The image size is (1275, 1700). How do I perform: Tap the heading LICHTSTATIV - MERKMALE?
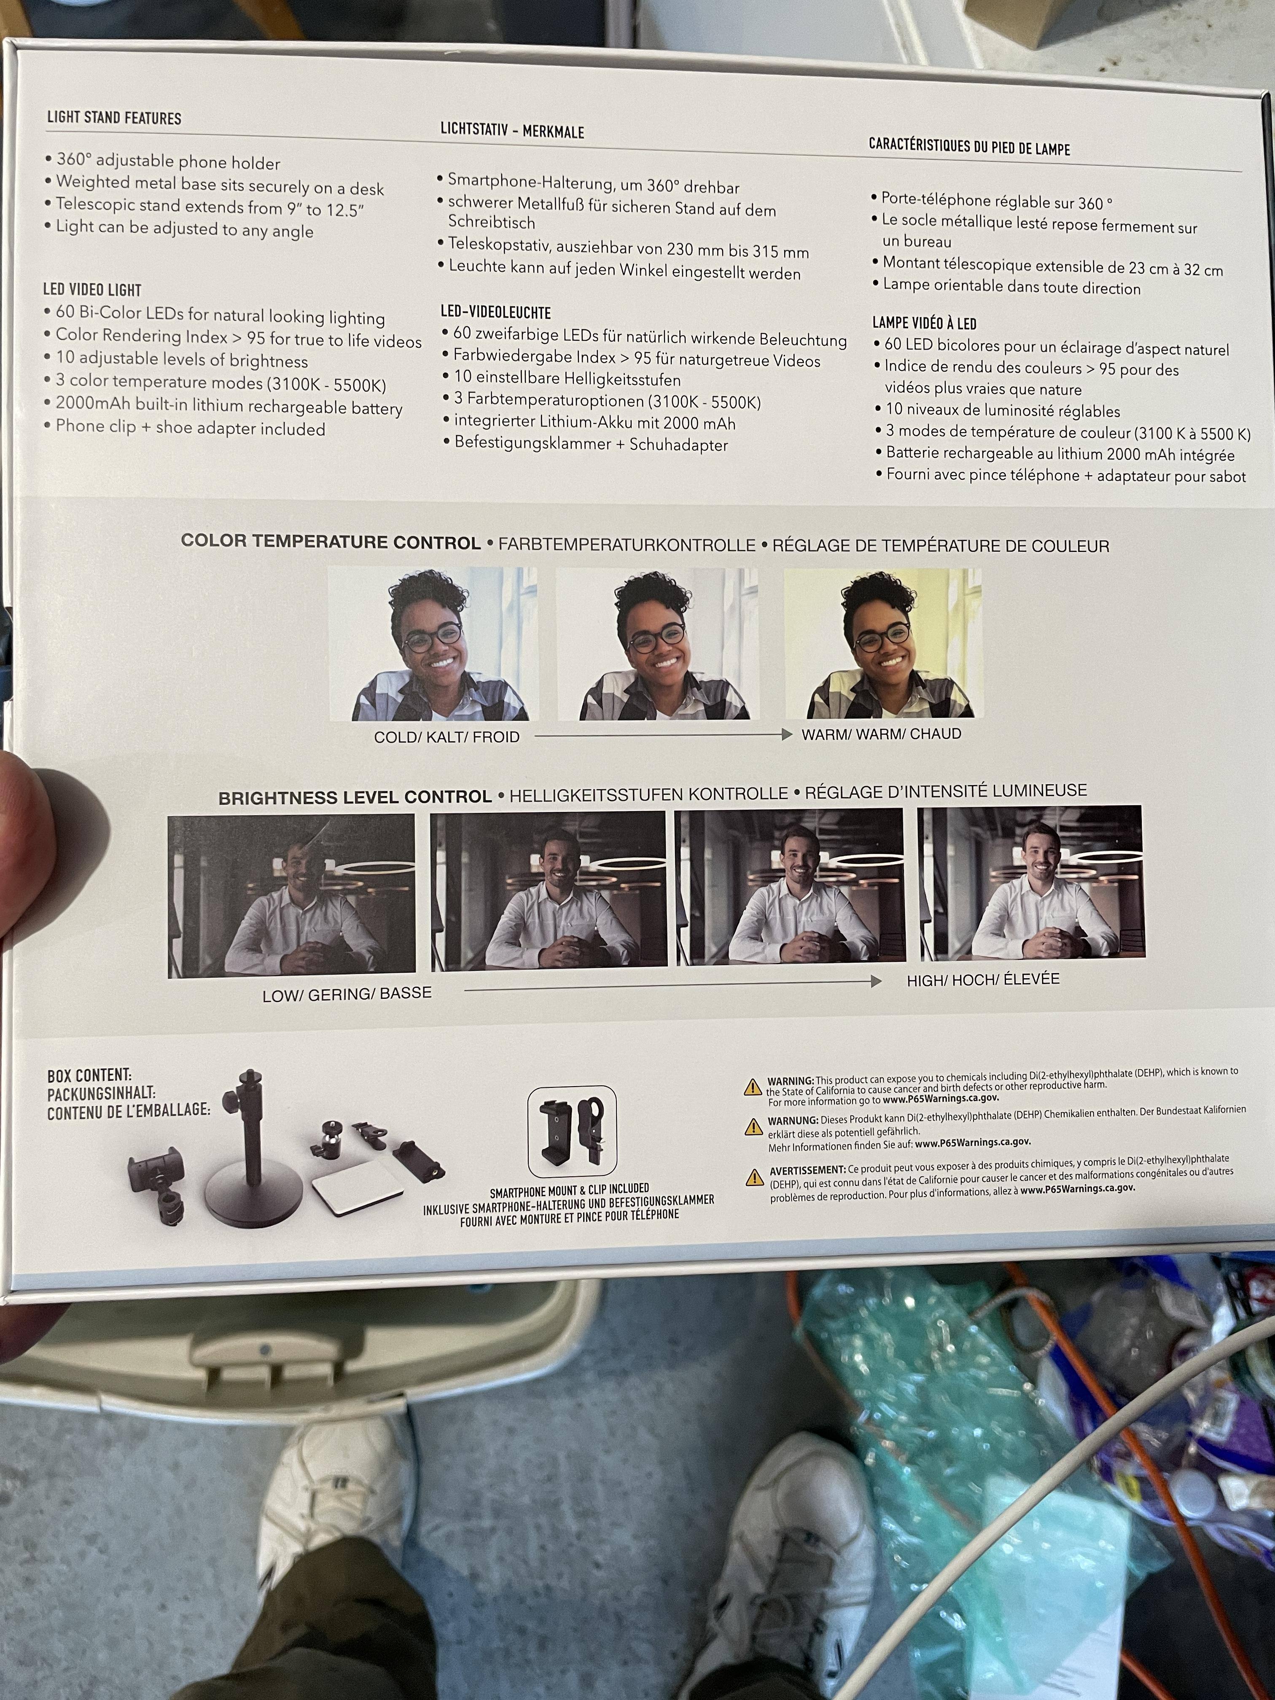click(512, 131)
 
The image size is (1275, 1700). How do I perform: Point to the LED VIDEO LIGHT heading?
click(92, 290)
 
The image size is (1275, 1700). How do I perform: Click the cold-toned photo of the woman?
click(433, 644)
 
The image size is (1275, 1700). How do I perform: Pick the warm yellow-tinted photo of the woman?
click(883, 643)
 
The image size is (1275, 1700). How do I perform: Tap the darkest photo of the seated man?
click(291, 896)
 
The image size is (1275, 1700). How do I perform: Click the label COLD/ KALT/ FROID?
click(447, 737)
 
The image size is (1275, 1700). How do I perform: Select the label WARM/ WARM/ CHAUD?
click(881, 734)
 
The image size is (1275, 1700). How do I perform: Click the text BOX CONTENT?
click(89, 1076)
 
